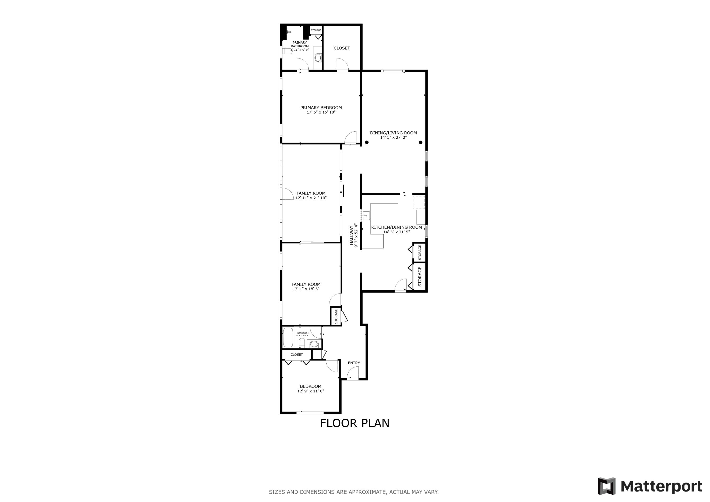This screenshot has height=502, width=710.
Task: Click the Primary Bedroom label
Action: coord(321,108)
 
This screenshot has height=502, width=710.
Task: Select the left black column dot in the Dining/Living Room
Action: coord(367,142)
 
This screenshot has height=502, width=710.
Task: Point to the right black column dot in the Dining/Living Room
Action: coord(421,142)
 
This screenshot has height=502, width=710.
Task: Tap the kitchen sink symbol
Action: coord(366,215)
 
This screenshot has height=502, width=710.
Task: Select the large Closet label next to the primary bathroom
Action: coord(342,48)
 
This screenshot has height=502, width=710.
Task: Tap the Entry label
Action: coord(354,363)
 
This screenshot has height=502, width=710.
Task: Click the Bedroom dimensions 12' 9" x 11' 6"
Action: coord(311,391)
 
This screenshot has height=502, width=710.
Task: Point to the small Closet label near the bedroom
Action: coord(297,355)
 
